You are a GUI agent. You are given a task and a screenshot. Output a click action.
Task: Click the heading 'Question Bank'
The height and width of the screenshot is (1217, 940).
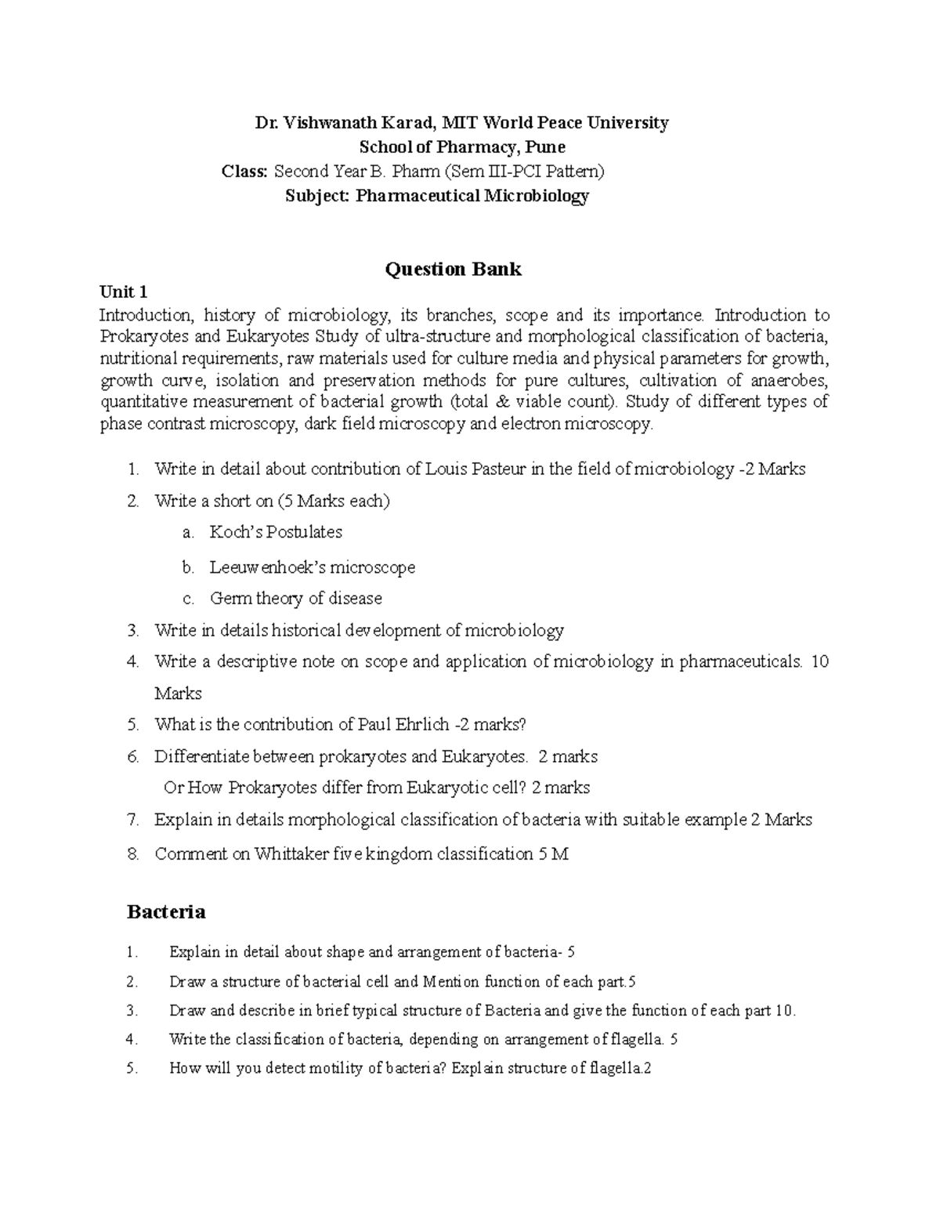452,270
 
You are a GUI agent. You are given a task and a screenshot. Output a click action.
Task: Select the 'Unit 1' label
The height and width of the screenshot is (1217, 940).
123,292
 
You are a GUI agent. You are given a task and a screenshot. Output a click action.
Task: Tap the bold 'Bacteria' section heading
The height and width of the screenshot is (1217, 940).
165,911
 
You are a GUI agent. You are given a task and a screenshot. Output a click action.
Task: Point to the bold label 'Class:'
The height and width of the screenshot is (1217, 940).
245,172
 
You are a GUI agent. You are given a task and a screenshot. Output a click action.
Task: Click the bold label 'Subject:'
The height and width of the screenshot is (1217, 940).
316,196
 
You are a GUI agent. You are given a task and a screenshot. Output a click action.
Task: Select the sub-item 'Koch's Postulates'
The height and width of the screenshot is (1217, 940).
276,532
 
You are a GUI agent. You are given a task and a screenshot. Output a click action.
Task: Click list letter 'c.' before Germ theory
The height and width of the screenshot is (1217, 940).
188,599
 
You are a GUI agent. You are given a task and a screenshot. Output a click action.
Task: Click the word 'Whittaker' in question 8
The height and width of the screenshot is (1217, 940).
291,854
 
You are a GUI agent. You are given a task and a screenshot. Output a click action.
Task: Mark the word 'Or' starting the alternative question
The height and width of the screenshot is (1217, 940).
172,788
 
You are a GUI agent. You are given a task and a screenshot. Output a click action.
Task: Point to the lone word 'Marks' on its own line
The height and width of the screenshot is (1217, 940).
178,694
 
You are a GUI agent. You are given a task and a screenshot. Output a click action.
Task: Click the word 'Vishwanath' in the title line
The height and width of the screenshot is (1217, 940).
328,123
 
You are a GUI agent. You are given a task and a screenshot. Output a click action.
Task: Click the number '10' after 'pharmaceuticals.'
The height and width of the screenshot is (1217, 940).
819,661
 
